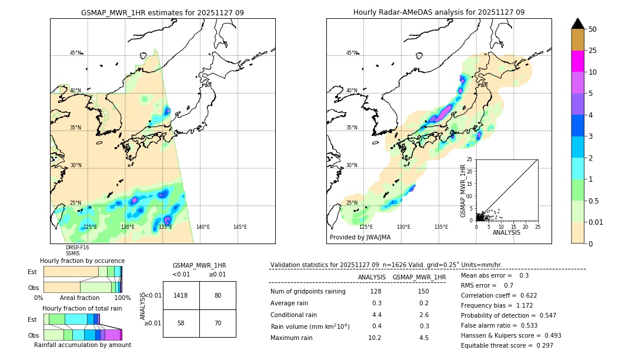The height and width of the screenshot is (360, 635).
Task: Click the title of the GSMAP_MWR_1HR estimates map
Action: pyautogui.click(x=162, y=12)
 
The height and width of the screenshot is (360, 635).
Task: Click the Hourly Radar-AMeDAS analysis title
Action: pyautogui.click(x=439, y=12)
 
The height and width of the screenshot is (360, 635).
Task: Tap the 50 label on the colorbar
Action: pyautogui.click(x=593, y=29)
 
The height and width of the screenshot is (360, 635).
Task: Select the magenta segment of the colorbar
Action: pyautogui.click(x=578, y=61)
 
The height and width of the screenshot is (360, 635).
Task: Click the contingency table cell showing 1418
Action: pyautogui.click(x=181, y=295)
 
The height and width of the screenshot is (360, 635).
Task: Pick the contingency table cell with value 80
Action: pyautogui.click(x=218, y=295)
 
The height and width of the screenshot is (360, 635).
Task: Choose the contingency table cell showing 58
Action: pyautogui.click(x=181, y=324)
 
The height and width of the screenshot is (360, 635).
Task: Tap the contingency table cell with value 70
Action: pyautogui.click(x=218, y=324)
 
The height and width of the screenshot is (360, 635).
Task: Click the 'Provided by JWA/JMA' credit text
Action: pyautogui.click(x=360, y=238)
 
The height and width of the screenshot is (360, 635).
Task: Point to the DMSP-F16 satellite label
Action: pyautogui.click(x=76, y=248)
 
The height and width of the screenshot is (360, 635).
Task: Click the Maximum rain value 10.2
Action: pyautogui.click(x=375, y=338)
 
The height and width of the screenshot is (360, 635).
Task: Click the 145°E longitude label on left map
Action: pyautogui.click(x=240, y=227)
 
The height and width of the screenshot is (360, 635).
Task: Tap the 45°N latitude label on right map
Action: pyautogui.click(x=352, y=53)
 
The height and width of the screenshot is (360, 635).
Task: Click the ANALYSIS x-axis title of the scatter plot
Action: pyautogui.click(x=506, y=232)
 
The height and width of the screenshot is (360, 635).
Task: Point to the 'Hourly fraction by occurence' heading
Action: pyautogui.click(x=82, y=261)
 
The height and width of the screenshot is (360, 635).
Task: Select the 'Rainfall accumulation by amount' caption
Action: pyautogui.click(x=82, y=345)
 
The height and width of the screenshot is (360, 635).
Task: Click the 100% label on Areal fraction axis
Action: pyautogui.click(x=122, y=298)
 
